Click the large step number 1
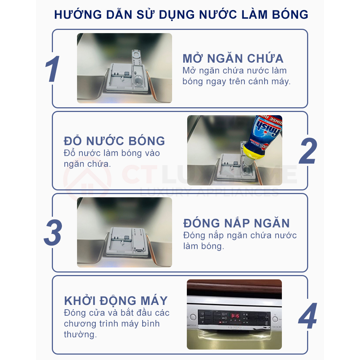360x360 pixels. point(52,69)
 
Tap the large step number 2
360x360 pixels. point(308,151)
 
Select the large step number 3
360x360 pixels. point(53,233)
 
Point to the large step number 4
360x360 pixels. point(308,316)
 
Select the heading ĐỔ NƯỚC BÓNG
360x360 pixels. point(114,141)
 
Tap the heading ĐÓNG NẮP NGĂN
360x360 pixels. point(237,223)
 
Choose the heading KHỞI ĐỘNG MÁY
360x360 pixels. point(116,301)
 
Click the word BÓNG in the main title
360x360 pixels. point(290,14)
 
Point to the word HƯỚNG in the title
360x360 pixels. point(78,14)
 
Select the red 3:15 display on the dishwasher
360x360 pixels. point(235,316)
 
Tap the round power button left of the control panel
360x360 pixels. point(193,317)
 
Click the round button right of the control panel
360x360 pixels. point(275,319)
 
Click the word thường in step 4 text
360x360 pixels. point(80,334)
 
